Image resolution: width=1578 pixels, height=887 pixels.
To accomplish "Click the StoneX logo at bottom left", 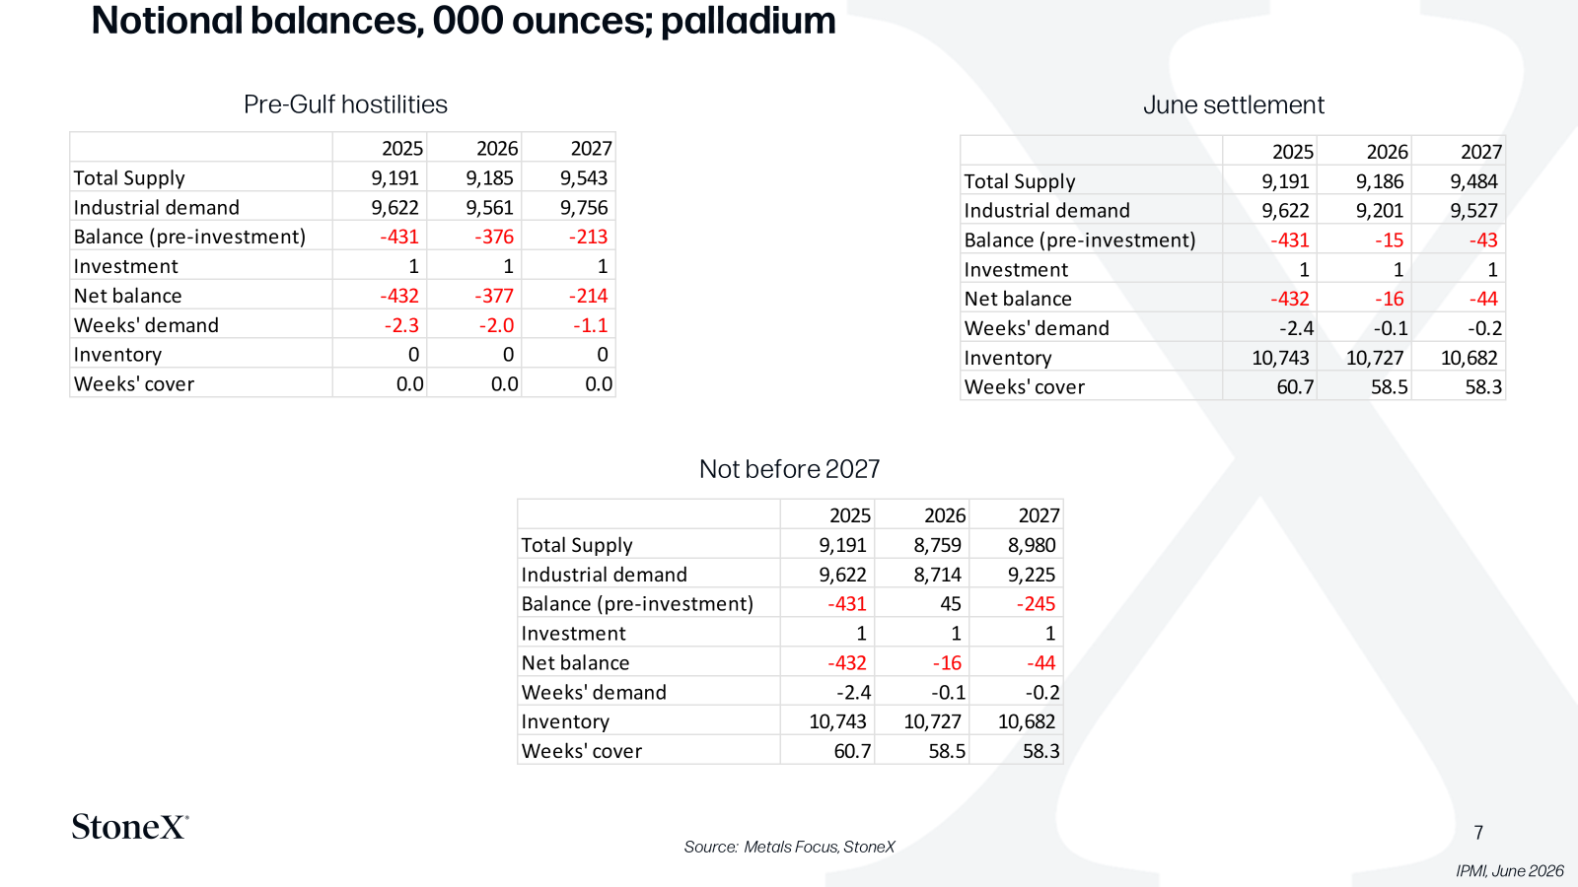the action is [x=130, y=827].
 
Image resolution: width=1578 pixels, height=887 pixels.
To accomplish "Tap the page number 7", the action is [x=1478, y=833].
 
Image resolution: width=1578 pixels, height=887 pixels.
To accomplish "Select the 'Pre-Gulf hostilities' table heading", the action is [x=345, y=104].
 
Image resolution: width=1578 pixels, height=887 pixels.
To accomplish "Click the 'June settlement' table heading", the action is [x=1234, y=104].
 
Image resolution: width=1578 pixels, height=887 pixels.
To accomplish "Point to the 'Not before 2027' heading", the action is [x=789, y=469].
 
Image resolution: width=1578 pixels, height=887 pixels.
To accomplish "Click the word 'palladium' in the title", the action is [x=749, y=21].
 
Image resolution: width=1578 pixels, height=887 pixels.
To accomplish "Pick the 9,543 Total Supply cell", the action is [x=583, y=178].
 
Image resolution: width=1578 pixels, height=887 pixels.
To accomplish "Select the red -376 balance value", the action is [x=493, y=237].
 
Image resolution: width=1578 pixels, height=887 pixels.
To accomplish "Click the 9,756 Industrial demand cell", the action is [x=583, y=208].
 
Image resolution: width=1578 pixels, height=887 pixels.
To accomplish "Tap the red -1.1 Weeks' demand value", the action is [x=590, y=325].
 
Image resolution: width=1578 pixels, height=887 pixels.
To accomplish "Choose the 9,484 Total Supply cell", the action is [x=1473, y=181].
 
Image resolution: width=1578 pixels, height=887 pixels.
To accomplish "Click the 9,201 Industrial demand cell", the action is [x=1380, y=211].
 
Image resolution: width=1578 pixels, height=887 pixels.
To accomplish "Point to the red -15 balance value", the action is [x=1390, y=240].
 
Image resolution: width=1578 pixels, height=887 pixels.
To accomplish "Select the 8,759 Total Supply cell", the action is [x=937, y=545].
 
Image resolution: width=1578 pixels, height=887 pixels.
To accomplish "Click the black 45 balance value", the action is [x=951, y=604].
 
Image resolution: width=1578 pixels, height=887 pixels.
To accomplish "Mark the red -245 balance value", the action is [x=1036, y=604].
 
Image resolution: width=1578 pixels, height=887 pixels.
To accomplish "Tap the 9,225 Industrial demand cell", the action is [x=1032, y=575].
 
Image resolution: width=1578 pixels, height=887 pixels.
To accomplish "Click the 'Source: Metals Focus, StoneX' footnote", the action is [x=789, y=847].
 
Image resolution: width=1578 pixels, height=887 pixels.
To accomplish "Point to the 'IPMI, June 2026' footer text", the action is [x=1510, y=871].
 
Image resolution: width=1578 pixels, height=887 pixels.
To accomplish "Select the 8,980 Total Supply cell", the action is [x=1032, y=545].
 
